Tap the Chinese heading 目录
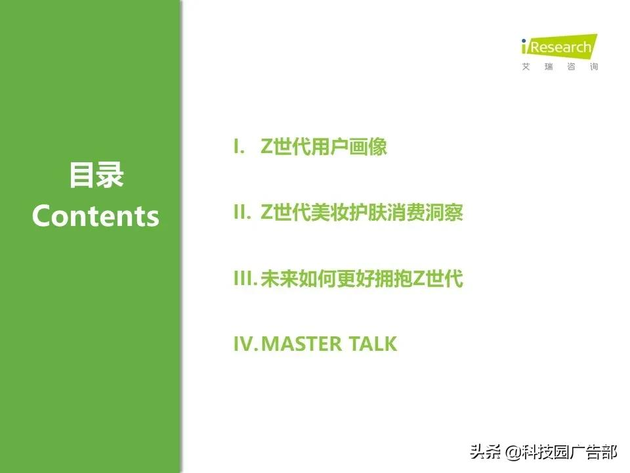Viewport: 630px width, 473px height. pyautogui.click(x=96, y=175)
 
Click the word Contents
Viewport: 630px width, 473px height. pyautogui.click(x=96, y=216)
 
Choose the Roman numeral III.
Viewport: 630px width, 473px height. pyautogui.click(x=245, y=278)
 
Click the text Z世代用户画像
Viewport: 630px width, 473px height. pyautogui.click(x=324, y=146)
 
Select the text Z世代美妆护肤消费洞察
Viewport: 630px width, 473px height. pyautogui.click(x=362, y=212)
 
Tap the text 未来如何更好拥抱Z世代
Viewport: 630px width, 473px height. pyautogui.click(x=362, y=278)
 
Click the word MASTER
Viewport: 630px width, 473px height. pyautogui.click(x=301, y=344)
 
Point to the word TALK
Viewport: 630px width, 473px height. pyautogui.click(x=373, y=344)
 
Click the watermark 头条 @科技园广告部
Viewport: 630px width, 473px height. pyautogui.click(x=543, y=452)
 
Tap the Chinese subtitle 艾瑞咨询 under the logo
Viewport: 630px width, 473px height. pyautogui.click(x=560, y=66)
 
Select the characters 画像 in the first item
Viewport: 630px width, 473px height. pyautogui.click(x=367, y=146)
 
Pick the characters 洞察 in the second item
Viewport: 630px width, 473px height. pyautogui.click(x=444, y=212)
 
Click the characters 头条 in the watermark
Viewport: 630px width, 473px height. pyautogui.click(x=486, y=452)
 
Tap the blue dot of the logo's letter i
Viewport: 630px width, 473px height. pyautogui.click(x=524, y=41)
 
